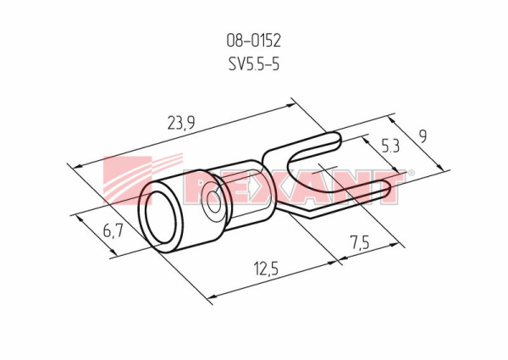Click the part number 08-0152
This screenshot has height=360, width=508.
(x=253, y=42)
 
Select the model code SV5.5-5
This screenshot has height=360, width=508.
(x=254, y=64)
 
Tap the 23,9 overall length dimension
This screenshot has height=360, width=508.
(x=181, y=123)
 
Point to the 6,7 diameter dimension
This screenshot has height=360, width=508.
(x=113, y=231)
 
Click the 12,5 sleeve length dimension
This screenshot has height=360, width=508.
(x=267, y=269)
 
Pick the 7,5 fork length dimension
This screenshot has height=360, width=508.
(x=360, y=242)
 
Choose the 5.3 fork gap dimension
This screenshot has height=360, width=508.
(x=390, y=147)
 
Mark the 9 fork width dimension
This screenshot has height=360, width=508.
(x=422, y=136)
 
